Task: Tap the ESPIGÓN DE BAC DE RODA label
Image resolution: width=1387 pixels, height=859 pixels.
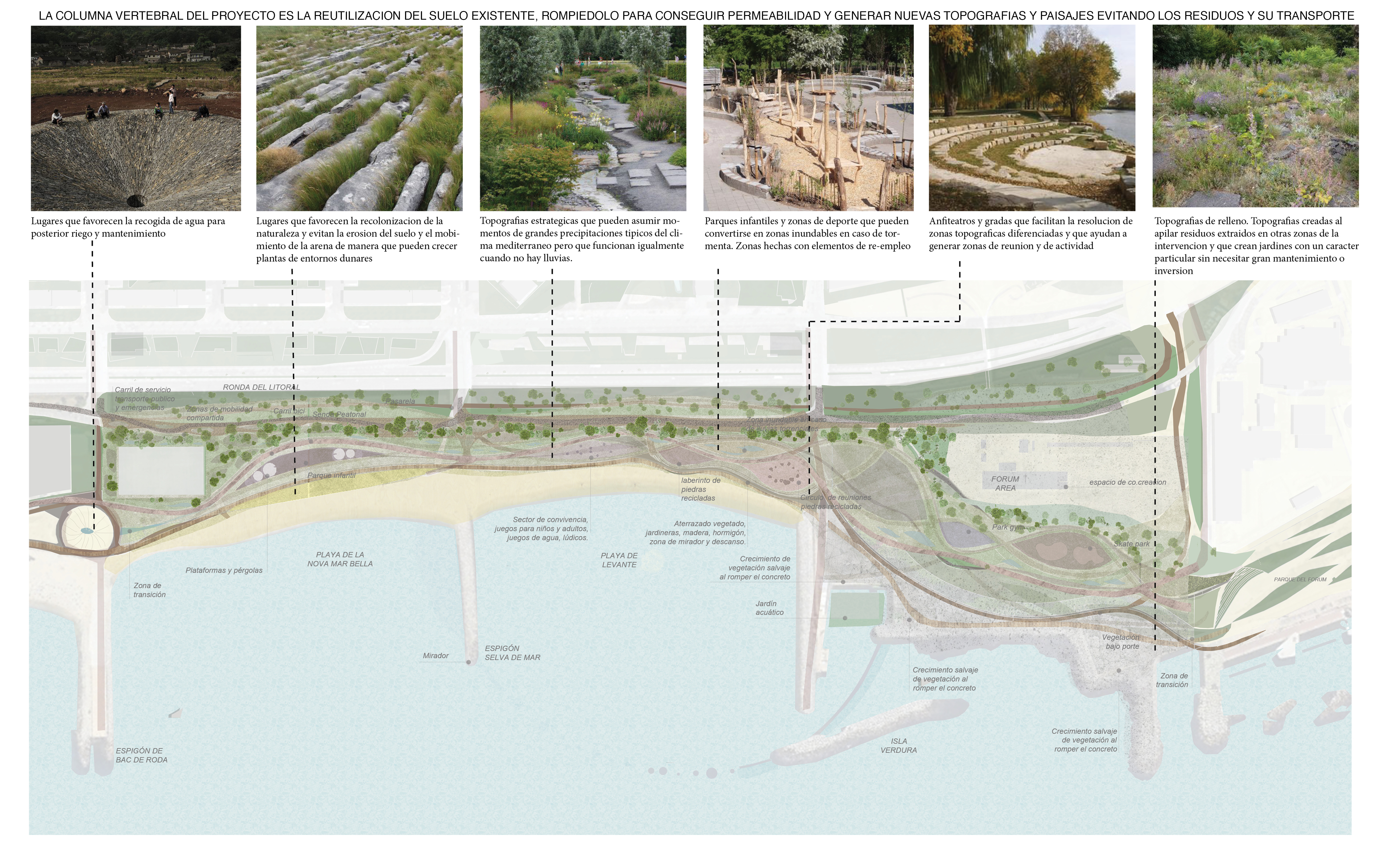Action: click(x=141, y=755)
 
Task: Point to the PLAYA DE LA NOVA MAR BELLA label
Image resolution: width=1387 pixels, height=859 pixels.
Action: click(x=340, y=559)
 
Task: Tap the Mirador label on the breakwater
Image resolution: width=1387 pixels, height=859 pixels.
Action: click(x=435, y=655)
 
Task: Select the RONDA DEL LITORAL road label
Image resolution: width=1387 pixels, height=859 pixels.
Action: click(x=261, y=387)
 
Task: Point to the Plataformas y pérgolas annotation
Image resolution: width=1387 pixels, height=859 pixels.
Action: click(x=224, y=570)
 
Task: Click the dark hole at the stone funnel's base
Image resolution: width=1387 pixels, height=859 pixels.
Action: click(x=135, y=200)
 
